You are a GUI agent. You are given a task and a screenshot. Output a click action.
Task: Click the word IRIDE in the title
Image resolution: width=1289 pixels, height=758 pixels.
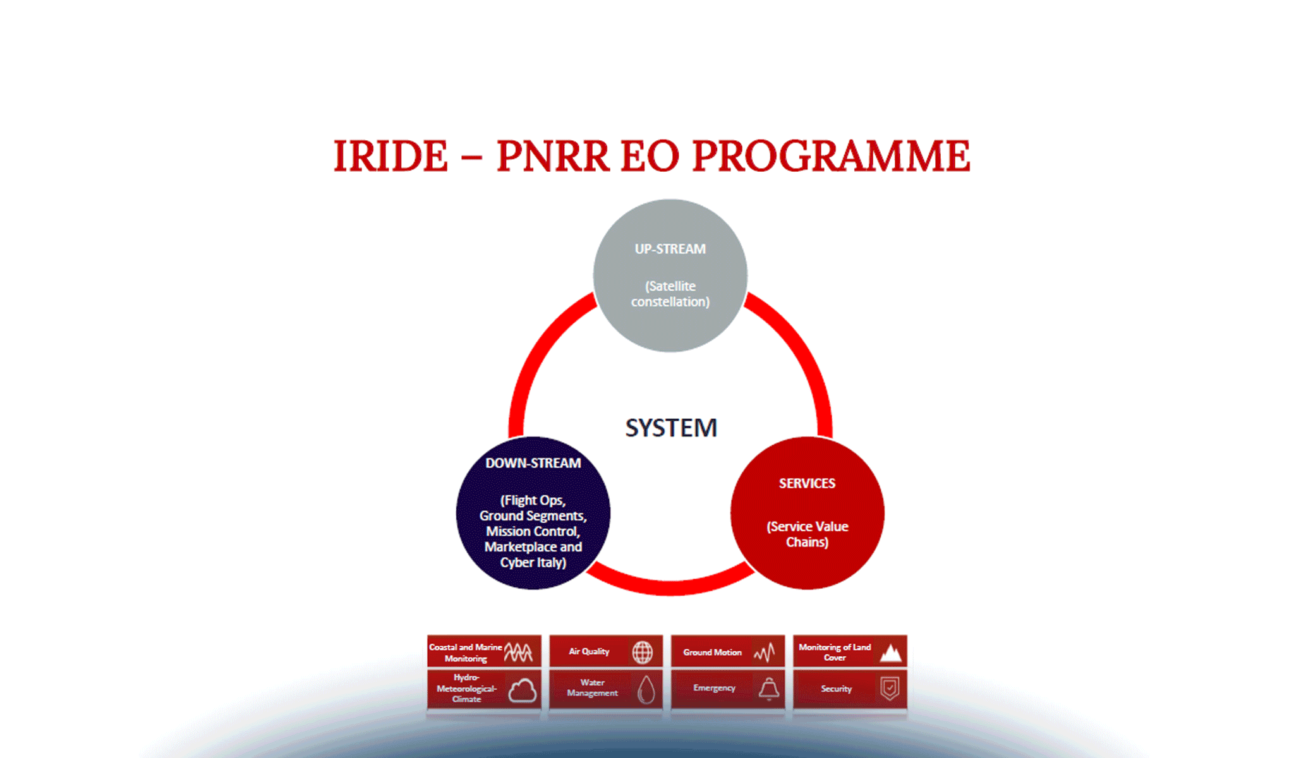[x=390, y=156]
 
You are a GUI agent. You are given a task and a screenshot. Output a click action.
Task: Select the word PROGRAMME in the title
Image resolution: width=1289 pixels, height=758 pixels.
[x=831, y=156]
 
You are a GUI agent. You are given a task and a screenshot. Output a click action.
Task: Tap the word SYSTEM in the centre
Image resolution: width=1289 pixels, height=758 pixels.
[x=671, y=428]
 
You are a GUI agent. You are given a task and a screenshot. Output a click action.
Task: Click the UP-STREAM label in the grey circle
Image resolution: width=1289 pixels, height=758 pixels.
[x=670, y=249]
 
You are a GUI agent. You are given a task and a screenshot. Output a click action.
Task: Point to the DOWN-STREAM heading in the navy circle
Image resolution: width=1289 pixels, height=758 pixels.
[x=533, y=463]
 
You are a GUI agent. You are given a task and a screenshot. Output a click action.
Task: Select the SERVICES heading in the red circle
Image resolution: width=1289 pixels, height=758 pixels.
[x=807, y=483]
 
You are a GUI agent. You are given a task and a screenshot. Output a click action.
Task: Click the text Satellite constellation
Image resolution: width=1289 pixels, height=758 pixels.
[x=670, y=294]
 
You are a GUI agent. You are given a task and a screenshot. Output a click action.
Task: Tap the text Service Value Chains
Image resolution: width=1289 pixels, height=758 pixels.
[x=808, y=534]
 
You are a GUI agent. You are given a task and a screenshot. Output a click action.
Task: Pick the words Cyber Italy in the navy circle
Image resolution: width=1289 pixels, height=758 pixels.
[x=533, y=562]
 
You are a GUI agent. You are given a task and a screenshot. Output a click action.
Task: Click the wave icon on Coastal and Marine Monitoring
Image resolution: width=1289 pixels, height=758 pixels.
[x=519, y=652]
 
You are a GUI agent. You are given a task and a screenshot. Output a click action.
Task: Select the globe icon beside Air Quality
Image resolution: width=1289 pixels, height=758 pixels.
[x=643, y=652]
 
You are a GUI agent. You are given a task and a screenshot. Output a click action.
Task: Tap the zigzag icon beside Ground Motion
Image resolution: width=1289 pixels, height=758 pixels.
[x=765, y=653]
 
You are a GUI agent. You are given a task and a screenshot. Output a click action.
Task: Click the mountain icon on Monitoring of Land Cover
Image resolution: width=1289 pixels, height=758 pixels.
[x=891, y=653]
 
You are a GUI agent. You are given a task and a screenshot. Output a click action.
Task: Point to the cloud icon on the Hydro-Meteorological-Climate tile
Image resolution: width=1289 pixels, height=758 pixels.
[x=523, y=690]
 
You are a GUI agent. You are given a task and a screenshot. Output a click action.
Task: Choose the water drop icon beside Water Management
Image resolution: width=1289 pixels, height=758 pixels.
[x=646, y=689]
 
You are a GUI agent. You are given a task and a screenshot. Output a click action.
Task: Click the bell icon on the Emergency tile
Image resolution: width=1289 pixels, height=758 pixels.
[x=769, y=689]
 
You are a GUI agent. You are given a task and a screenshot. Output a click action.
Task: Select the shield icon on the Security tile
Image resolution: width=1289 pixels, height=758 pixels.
[x=890, y=688]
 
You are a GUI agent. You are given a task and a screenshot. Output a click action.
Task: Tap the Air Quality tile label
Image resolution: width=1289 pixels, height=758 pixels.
[x=589, y=651]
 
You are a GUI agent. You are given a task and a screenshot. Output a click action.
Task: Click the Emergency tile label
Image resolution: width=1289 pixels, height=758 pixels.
[x=714, y=688]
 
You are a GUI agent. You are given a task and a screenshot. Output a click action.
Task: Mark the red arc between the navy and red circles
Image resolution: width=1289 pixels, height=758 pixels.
[x=671, y=586]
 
